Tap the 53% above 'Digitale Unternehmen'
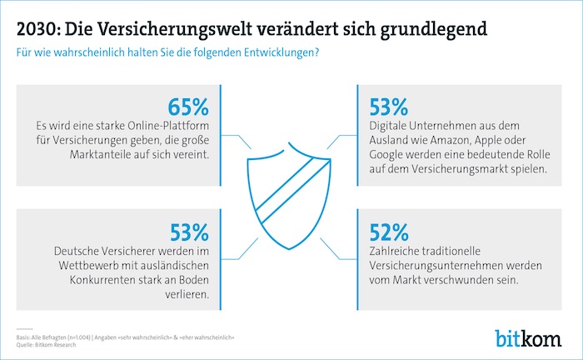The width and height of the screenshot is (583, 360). coord(387,107)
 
